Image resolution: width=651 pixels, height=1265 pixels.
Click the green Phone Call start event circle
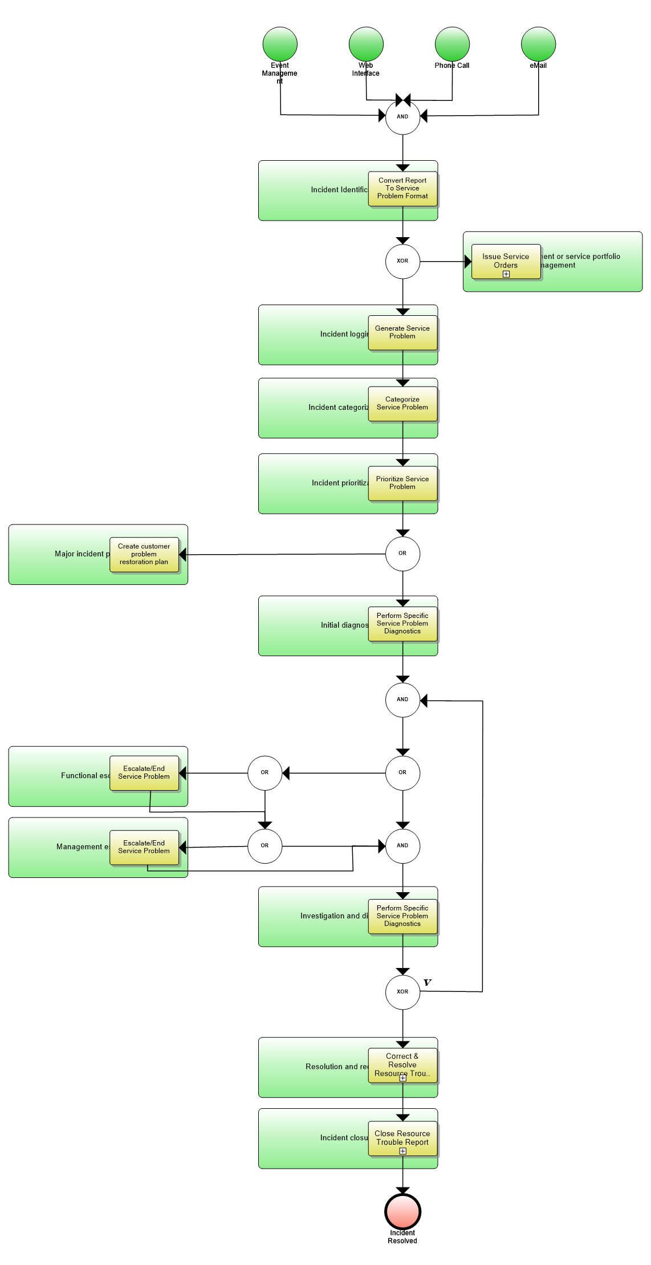click(452, 43)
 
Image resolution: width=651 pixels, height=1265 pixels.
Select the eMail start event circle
click(538, 43)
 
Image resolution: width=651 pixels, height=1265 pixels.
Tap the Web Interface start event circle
click(366, 43)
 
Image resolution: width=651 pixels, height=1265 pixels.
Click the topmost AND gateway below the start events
click(402, 117)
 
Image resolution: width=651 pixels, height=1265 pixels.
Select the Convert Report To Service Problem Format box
click(402, 188)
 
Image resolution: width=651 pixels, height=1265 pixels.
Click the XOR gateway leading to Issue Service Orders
click(402, 261)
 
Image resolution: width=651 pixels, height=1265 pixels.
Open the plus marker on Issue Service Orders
click(506, 274)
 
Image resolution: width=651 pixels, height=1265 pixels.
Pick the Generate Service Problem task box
click(402, 332)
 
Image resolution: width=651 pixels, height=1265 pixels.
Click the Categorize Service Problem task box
click(402, 404)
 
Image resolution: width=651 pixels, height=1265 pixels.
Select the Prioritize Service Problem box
click(402, 483)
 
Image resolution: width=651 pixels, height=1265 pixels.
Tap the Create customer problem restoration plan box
click(144, 554)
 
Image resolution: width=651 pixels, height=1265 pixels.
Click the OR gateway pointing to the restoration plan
click(402, 554)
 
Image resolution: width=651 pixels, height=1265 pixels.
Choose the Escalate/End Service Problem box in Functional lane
click(144, 773)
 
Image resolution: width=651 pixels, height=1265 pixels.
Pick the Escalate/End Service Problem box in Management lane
click(144, 847)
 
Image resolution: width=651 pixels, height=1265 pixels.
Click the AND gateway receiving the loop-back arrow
click(402, 699)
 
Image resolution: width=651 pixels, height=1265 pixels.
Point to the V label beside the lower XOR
click(428, 982)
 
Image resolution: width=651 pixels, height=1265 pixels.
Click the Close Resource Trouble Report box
click(402, 1138)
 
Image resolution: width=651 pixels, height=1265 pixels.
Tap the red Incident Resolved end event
click(402, 1211)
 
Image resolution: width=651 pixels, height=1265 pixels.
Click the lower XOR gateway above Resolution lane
click(402, 992)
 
